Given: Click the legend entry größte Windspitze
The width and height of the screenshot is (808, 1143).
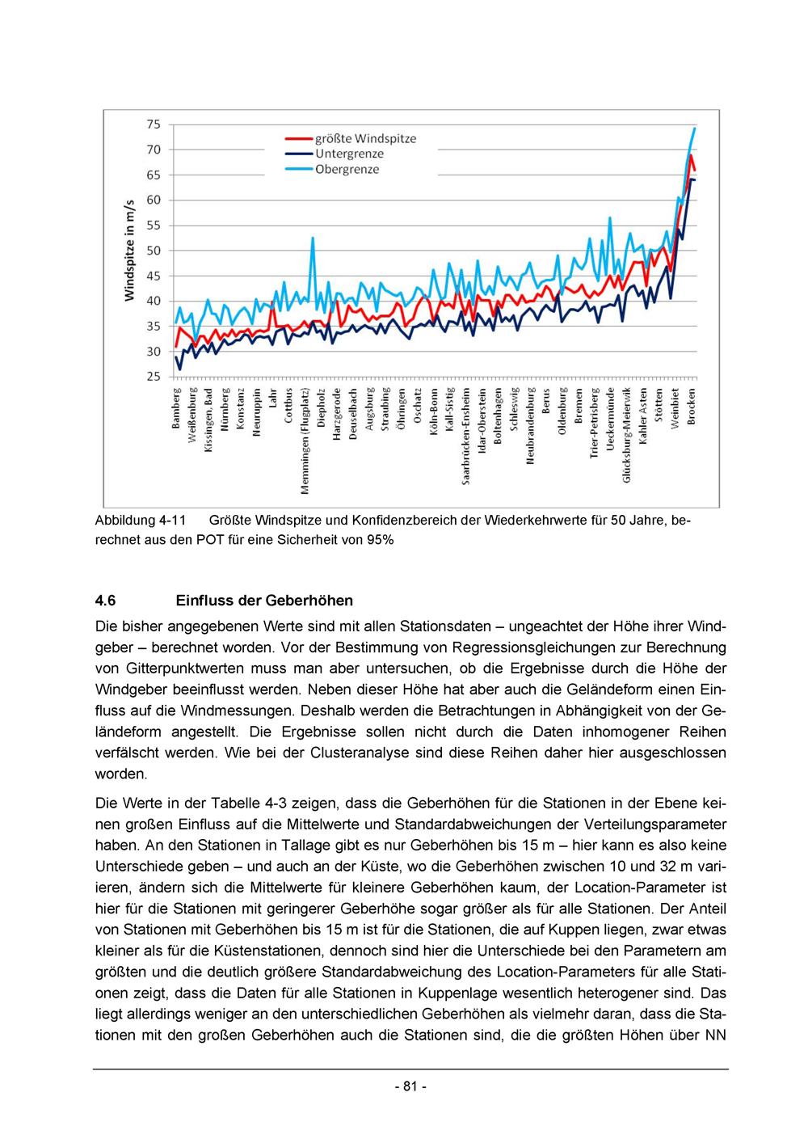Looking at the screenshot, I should [x=365, y=139].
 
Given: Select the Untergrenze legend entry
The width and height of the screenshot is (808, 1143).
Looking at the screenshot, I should [x=349, y=154].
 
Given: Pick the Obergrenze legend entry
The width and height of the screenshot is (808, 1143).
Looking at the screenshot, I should [x=347, y=170].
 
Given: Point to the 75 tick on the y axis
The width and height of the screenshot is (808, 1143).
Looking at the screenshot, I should [x=153, y=124].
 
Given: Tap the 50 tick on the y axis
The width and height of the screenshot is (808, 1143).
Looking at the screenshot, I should [x=153, y=251].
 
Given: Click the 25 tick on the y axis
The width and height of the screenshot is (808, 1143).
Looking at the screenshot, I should [x=153, y=377].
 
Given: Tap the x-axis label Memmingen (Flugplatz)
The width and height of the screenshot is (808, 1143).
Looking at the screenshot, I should [x=305, y=441].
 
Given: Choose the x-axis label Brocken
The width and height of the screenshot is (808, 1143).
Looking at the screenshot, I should [x=692, y=406].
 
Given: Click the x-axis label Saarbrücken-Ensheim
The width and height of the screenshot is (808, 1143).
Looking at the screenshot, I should [x=466, y=437].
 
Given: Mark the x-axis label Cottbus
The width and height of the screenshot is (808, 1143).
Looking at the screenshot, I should [x=289, y=406].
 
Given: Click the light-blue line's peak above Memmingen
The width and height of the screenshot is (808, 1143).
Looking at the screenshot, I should [x=313, y=238].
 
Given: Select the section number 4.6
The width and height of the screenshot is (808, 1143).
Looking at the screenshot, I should [x=106, y=601].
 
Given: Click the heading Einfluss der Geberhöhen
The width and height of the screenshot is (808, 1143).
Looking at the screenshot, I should [x=263, y=601].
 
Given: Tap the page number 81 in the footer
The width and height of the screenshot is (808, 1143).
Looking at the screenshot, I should [x=410, y=1086].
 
